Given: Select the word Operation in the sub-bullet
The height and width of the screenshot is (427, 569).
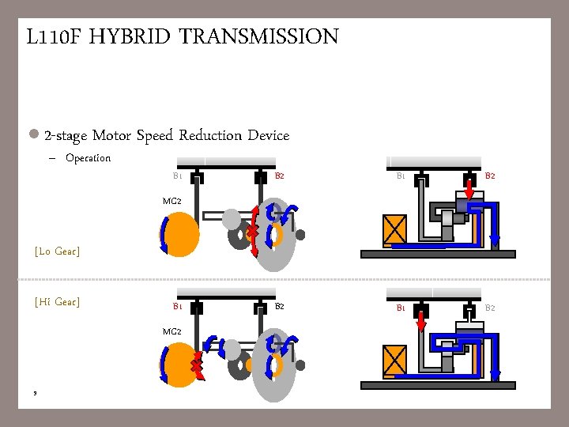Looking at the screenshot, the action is pos(88,158).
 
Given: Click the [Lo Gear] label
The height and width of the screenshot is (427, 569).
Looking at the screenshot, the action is pos(57,251).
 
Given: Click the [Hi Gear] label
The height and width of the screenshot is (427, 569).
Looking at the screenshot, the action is pos(57,302).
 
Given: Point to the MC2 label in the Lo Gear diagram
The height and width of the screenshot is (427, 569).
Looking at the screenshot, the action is pos(171,201).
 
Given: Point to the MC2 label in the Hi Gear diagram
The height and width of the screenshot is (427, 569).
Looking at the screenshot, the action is pos(171,331).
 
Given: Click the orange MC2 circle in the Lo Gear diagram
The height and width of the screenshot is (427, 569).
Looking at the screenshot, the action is pos(181,233).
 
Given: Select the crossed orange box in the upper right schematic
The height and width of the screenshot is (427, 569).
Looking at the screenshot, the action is pos(394,229).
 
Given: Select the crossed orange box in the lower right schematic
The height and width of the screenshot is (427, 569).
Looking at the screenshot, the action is pos(394,360).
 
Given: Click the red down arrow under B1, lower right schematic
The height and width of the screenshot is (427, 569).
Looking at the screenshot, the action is pos(421,321).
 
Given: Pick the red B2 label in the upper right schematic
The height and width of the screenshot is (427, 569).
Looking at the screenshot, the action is pos(490,176).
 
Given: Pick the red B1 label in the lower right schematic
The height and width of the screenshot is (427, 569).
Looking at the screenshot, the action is pos(401,307).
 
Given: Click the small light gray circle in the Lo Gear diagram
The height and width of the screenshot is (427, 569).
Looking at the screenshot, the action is pos(231,218).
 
